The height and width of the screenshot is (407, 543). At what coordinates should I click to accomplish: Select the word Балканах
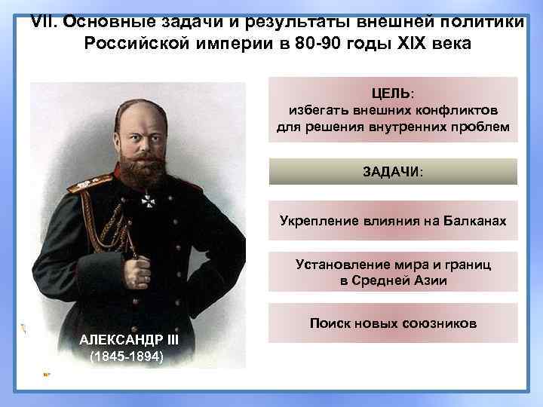[x=472, y=222]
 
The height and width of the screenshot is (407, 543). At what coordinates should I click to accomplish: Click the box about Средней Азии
[x=393, y=272]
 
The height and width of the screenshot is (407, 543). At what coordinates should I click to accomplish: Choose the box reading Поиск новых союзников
[x=393, y=323]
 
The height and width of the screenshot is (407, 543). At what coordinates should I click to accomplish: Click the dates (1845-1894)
[x=125, y=356]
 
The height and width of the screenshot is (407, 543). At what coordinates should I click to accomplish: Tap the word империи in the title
[x=230, y=44]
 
